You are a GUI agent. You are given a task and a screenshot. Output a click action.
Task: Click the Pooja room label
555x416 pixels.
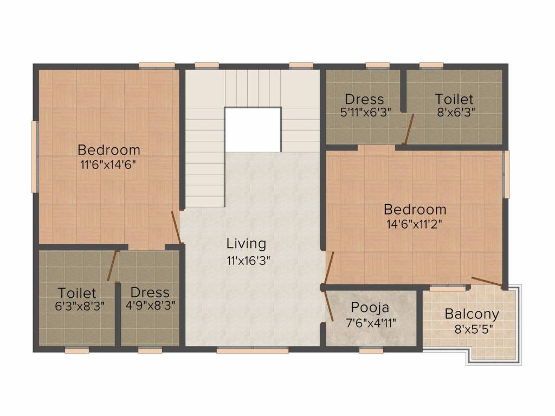pos(370,307)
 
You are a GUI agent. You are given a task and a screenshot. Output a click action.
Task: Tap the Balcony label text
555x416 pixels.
pos(472,314)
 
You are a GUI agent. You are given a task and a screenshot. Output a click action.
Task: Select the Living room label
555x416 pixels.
pos(247,243)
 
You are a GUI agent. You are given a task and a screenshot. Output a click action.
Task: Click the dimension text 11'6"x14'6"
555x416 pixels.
pos(108,165)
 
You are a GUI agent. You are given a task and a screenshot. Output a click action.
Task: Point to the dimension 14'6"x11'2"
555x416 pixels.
pos(415,224)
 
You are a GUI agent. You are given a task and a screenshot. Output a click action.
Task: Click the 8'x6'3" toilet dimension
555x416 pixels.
pos(456,112)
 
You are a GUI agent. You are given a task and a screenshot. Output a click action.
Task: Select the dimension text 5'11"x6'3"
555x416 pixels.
pos(366,113)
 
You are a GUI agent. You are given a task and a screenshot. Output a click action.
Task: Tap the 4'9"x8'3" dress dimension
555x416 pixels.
pos(151,305)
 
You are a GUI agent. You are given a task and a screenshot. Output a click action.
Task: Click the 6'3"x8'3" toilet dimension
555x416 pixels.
pos(80,305)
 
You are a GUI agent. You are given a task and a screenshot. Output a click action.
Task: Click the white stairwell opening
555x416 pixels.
pos(253,130)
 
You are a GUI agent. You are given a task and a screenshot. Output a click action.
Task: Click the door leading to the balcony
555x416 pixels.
pos(487,282)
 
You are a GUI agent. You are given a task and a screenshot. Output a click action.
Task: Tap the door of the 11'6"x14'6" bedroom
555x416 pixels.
pos(177,227)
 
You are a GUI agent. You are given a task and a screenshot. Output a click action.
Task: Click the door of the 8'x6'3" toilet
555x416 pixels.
pos(409,129)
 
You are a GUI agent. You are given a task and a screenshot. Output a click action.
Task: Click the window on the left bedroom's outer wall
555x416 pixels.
pos(35,157)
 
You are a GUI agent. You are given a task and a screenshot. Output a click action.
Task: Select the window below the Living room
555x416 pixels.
pos(253,350)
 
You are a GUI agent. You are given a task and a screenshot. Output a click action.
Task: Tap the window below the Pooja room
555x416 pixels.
pos(371,350)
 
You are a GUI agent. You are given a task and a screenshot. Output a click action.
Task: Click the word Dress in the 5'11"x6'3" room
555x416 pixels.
pos(364,99)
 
